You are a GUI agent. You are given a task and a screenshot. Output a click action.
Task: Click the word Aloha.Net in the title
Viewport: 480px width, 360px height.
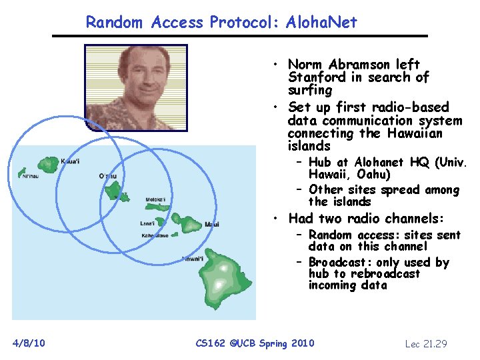321,23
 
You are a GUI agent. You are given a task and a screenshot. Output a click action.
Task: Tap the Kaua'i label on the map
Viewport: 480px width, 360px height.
70,161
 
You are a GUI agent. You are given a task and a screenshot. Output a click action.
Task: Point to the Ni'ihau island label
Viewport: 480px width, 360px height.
31,177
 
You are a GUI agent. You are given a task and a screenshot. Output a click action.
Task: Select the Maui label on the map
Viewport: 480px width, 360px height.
213,224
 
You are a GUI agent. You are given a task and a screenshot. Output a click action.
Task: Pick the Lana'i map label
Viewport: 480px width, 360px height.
148,223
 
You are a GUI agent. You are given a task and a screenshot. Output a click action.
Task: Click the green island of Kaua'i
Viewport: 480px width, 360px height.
49,164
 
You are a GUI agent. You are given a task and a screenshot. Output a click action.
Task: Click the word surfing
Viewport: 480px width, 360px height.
310,90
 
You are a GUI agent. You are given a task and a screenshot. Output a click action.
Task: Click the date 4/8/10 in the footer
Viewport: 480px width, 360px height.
29,343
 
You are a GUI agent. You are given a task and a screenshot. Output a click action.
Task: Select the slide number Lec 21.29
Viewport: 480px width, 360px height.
426,344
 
